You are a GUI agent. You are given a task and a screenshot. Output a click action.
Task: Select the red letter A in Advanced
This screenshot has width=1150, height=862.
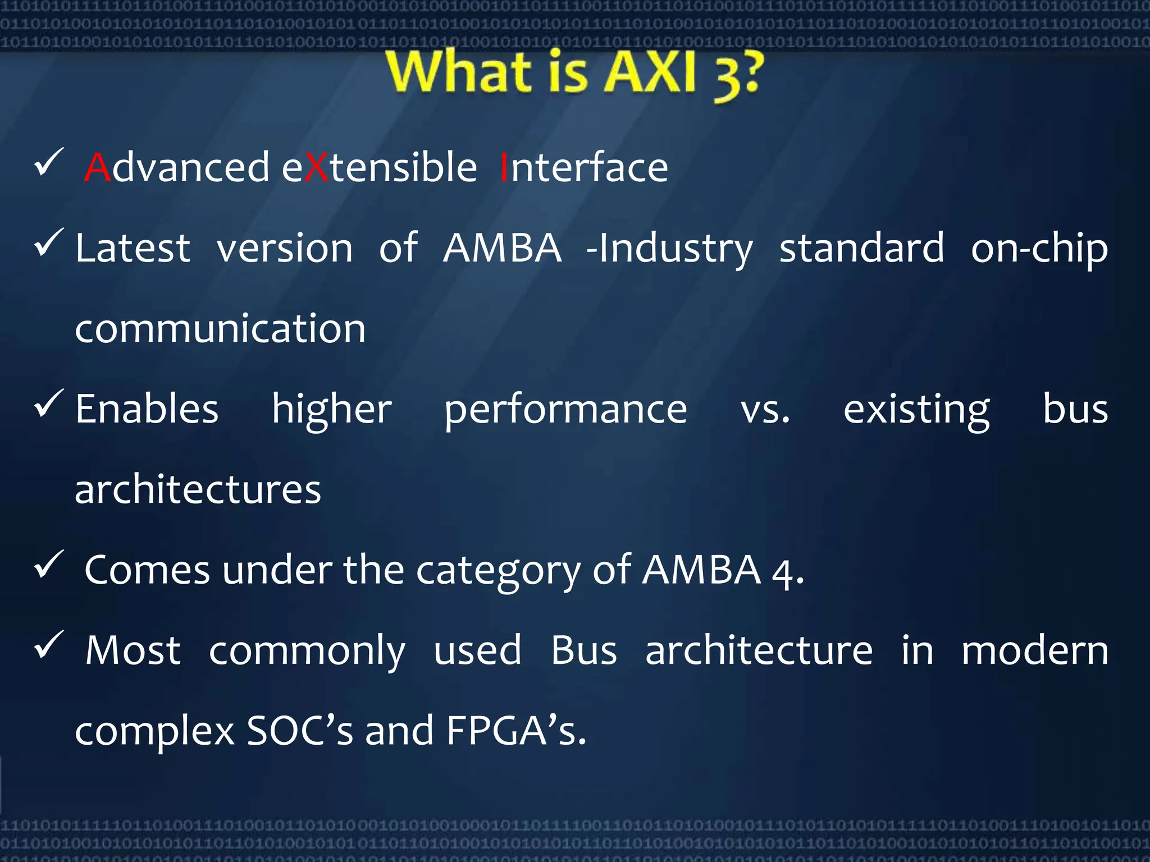[x=98, y=168]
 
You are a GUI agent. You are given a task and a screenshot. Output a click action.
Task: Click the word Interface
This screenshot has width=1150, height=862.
[x=584, y=168]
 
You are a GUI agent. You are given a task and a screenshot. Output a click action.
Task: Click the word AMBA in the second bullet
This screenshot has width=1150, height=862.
[x=502, y=248]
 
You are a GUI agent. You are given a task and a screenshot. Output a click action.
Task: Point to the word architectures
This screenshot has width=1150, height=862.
[x=198, y=490]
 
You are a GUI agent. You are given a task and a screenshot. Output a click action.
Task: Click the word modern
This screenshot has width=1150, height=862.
[x=1035, y=651]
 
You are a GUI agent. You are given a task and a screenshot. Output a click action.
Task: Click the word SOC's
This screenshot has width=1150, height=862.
[x=300, y=731]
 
